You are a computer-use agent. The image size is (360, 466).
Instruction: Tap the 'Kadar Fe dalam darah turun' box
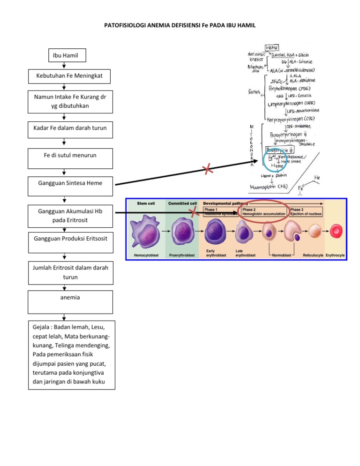tap(70, 128)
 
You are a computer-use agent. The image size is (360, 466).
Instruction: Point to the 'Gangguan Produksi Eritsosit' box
tap(70, 239)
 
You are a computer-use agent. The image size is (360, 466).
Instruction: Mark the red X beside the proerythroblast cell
tap(194, 213)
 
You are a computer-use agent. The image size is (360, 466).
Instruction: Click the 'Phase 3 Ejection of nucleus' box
tap(306, 212)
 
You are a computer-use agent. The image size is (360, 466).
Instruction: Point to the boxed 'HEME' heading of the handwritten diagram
tap(271, 48)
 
